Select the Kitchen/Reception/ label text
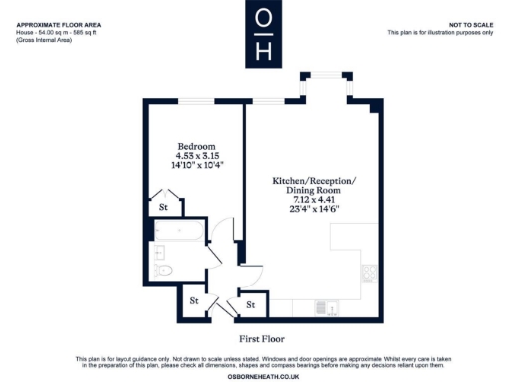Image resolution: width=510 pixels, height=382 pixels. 313,181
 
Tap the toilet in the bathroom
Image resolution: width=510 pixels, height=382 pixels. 164,270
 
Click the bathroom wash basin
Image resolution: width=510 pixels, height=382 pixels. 159,253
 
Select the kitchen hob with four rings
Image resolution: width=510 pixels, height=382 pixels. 370,271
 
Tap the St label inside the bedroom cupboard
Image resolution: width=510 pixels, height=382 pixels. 163,208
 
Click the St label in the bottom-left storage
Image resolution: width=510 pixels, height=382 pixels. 195,299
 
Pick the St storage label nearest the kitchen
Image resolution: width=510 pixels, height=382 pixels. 250,304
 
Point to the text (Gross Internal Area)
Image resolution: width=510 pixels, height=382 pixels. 43,40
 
